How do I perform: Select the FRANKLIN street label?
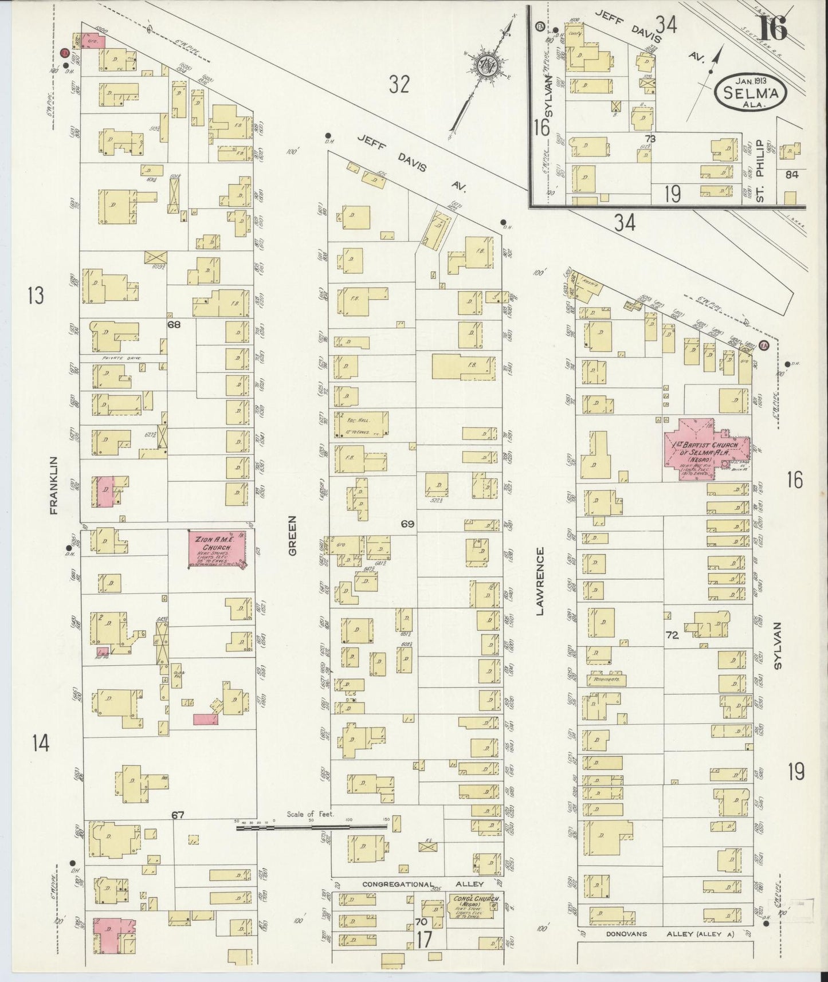[x=54, y=485]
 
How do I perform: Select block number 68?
[x=174, y=324]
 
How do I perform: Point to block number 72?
[x=672, y=635]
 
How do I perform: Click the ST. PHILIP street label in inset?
[x=760, y=171]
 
